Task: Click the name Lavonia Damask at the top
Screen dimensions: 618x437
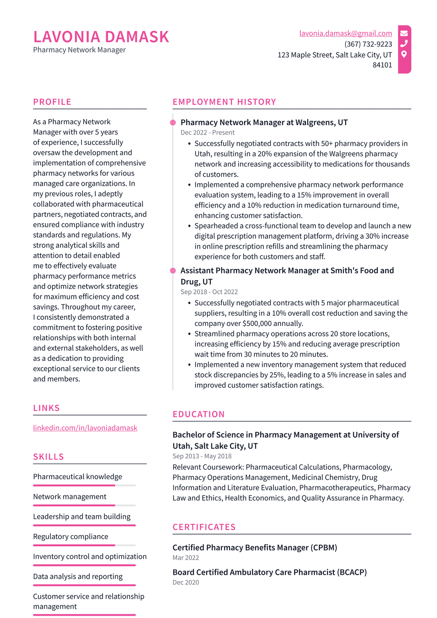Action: (x=101, y=37)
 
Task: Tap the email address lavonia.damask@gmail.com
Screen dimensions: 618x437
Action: (x=345, y=33)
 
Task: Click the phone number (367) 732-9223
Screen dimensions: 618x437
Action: (x=368, y=44)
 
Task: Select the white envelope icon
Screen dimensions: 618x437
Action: (x=404, y=33)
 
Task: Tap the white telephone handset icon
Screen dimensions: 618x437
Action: (x=404, y=44)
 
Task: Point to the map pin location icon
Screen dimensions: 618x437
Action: (x=404, y=54)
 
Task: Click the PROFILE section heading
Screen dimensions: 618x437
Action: (x=52, y=102)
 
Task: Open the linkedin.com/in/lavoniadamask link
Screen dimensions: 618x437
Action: (x=85, y=428)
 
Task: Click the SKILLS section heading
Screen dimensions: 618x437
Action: (x=48, y=457)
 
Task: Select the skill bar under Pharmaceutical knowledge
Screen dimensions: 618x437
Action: (x=84, y=485)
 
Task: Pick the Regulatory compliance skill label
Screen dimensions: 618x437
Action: (x=70, y=536)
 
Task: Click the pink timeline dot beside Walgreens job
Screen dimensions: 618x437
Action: (x=173, y=123)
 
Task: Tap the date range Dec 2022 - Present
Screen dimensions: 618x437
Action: (x=207, y=132)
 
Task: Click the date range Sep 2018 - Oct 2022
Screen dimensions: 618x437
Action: (x=209, y=292)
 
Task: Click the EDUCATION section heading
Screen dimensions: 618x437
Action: (x=198, y=414)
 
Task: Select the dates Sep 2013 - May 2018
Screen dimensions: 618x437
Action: (x=202, y=456)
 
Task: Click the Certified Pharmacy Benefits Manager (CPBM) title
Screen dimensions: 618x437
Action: (x=254, y=548)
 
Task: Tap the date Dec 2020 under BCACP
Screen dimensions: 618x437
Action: (x=186, y=582)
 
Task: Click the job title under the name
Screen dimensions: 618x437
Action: (x=79, y=50)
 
